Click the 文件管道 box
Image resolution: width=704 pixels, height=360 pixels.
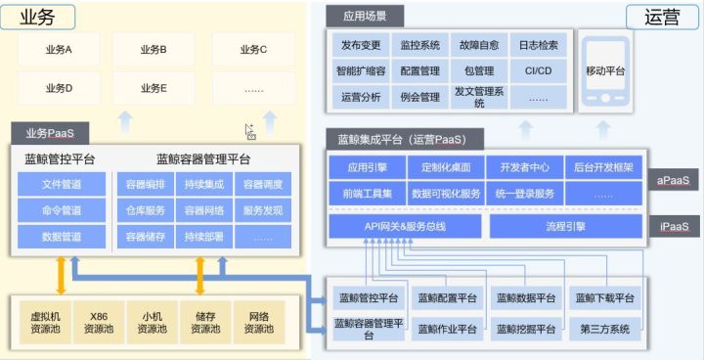(x=62, y=184)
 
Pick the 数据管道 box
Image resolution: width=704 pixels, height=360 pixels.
(x=62, y=237)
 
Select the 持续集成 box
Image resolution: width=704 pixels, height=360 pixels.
(x=203, y=184)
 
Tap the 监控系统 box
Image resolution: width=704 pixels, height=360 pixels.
(x=420, y=45)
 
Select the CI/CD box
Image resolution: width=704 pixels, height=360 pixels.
(x=539, y=70)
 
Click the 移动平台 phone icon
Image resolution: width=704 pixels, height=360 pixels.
(x=605, y=71)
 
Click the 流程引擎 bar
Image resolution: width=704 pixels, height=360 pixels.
(x=566, y=227)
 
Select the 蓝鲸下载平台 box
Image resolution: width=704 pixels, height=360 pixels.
(x=605, y=297)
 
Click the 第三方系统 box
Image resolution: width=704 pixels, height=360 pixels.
(x=605, y=329)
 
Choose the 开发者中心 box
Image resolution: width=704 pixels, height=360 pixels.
(x=525, y=167)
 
